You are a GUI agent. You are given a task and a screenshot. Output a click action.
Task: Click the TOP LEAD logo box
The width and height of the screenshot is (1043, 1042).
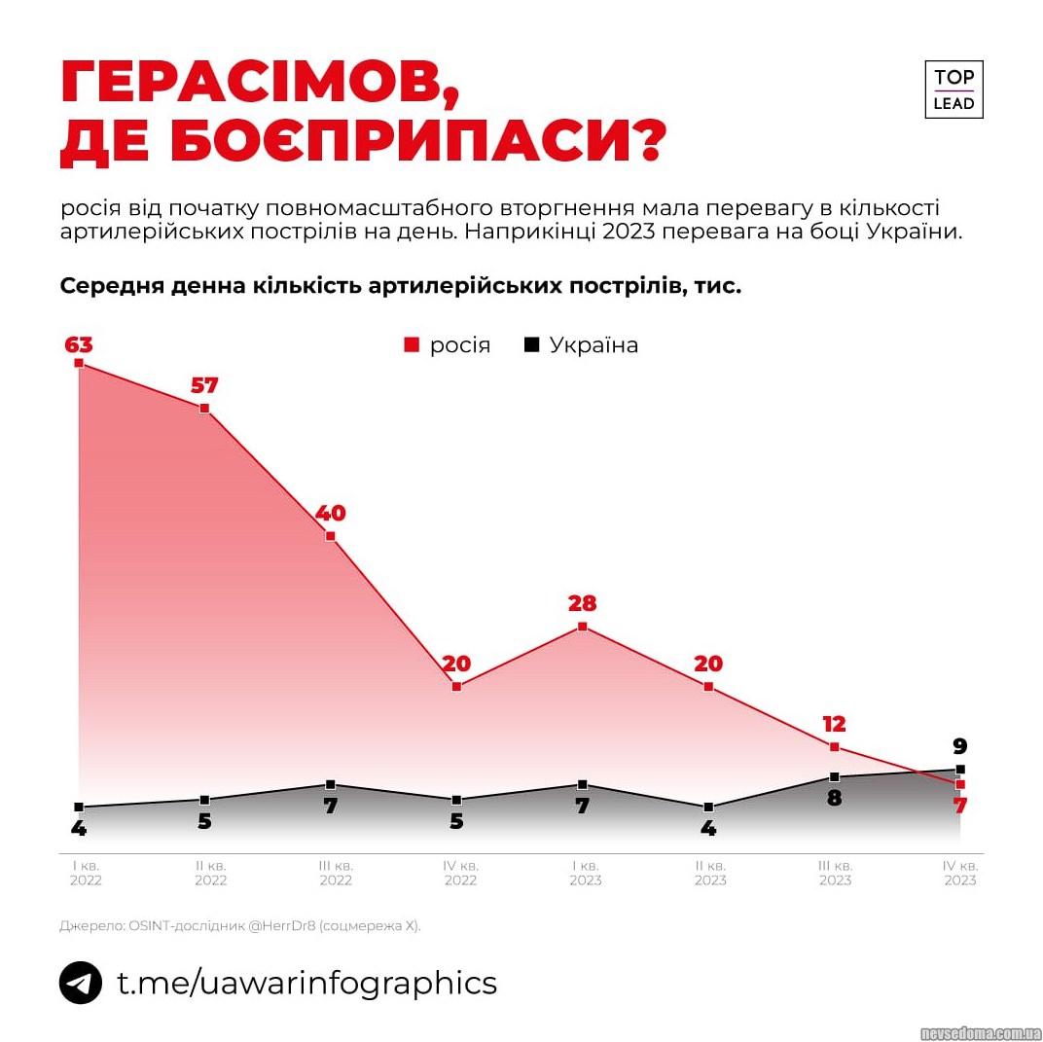tap(953, 90)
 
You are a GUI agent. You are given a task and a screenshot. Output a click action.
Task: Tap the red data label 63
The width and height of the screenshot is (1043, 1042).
tap(78, 345)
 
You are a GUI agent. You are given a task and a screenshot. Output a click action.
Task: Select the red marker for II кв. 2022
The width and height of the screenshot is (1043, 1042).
tap(204, 409)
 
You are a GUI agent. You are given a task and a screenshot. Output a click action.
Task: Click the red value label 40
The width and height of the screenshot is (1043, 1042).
tap(330, 513)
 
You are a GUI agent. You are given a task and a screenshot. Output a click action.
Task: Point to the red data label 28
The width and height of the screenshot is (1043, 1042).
tap(582, 603)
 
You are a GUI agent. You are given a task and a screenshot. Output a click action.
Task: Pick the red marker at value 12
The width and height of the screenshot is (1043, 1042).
tap(834, 746)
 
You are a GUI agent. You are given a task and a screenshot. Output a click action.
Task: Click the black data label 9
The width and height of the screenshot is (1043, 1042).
tap(959, 747)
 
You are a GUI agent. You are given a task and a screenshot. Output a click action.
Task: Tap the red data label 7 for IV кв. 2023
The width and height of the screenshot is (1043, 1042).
tap(959, 806)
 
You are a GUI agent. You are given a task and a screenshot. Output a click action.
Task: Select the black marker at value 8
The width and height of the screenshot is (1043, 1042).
tap(834, 776)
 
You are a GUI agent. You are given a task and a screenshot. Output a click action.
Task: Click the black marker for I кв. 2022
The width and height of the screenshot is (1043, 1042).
tap(79, 807)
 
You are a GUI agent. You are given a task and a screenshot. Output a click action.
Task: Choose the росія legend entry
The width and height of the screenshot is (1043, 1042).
tap(448, 345)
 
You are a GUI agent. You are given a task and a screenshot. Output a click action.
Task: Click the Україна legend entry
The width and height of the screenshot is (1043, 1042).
tap(582, 345)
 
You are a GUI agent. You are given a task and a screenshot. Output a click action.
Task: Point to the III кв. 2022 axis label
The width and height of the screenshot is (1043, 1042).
tap(336, 873)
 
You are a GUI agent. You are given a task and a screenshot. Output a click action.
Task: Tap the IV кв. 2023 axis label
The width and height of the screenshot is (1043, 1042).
tap(960, 873)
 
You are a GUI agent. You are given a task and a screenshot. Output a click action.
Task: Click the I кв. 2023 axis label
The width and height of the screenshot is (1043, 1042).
tap(586, 873)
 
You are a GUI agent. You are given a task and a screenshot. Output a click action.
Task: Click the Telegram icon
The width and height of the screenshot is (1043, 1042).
tap(81, 983)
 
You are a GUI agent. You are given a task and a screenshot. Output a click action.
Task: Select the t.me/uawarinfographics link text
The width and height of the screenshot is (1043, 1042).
tap(307, 983)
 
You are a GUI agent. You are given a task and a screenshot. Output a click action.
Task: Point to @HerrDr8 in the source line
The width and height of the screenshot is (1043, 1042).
tap(288, 926)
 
